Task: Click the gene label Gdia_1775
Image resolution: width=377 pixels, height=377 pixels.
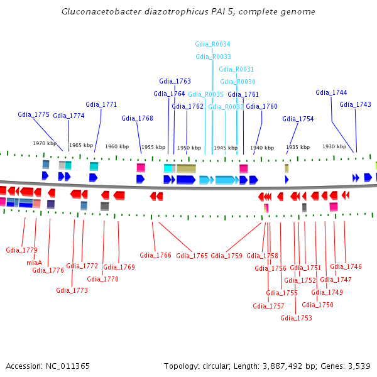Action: [33, 114]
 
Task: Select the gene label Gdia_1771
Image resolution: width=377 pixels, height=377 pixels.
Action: [101, 104]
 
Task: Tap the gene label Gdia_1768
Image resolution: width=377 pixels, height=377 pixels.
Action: [137, 118]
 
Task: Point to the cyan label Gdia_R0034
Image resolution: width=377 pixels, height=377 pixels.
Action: [212, 45]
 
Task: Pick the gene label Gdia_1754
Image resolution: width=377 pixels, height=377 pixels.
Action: [298, 119]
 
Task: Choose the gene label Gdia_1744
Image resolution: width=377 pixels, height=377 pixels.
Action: [331, 92]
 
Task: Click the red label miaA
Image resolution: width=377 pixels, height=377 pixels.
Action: [34, 263]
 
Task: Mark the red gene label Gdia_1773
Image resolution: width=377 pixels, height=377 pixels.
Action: [72, 290]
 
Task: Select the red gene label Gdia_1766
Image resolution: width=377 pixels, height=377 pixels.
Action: [155, 255]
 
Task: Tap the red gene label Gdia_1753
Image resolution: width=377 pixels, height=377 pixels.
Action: [296, 318]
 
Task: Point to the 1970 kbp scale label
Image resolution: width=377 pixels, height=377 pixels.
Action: [45, 144]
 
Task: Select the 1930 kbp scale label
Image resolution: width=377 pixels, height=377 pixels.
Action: [334, 146]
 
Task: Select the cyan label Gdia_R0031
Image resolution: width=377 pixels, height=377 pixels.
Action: [236, 69]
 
